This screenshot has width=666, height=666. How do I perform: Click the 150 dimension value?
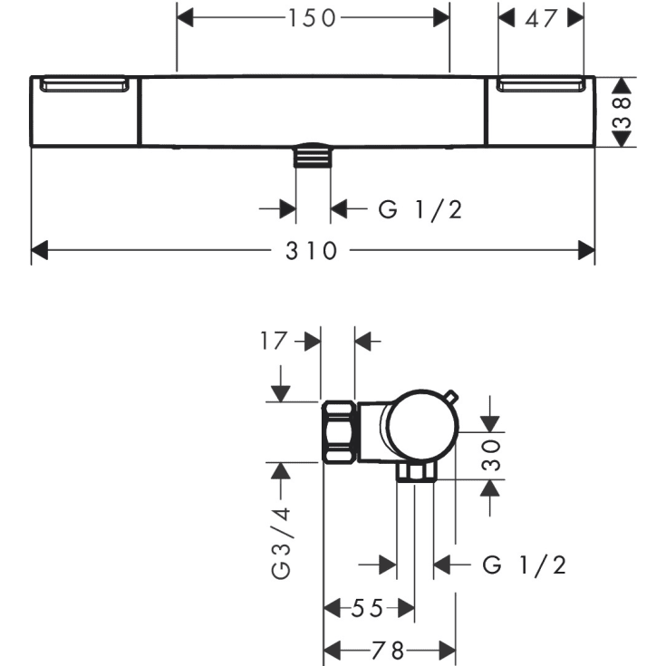[x=314, y=17]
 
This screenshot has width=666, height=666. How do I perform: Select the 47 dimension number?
[x=540, y=17]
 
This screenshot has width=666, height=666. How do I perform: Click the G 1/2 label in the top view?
[x=420, y=209]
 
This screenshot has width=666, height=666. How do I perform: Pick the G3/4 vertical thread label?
[x=283, y=543]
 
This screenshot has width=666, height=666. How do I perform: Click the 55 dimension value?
[x=368, y=607]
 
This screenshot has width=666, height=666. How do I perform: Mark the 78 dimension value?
[x=389, y=651]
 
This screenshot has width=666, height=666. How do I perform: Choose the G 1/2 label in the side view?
[x=524, y=565]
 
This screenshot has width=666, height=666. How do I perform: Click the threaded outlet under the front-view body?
[x=314, y=156]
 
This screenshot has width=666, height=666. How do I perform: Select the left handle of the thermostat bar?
[x=85, y=111]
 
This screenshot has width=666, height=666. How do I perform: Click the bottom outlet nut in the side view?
[x=416, y=472]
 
